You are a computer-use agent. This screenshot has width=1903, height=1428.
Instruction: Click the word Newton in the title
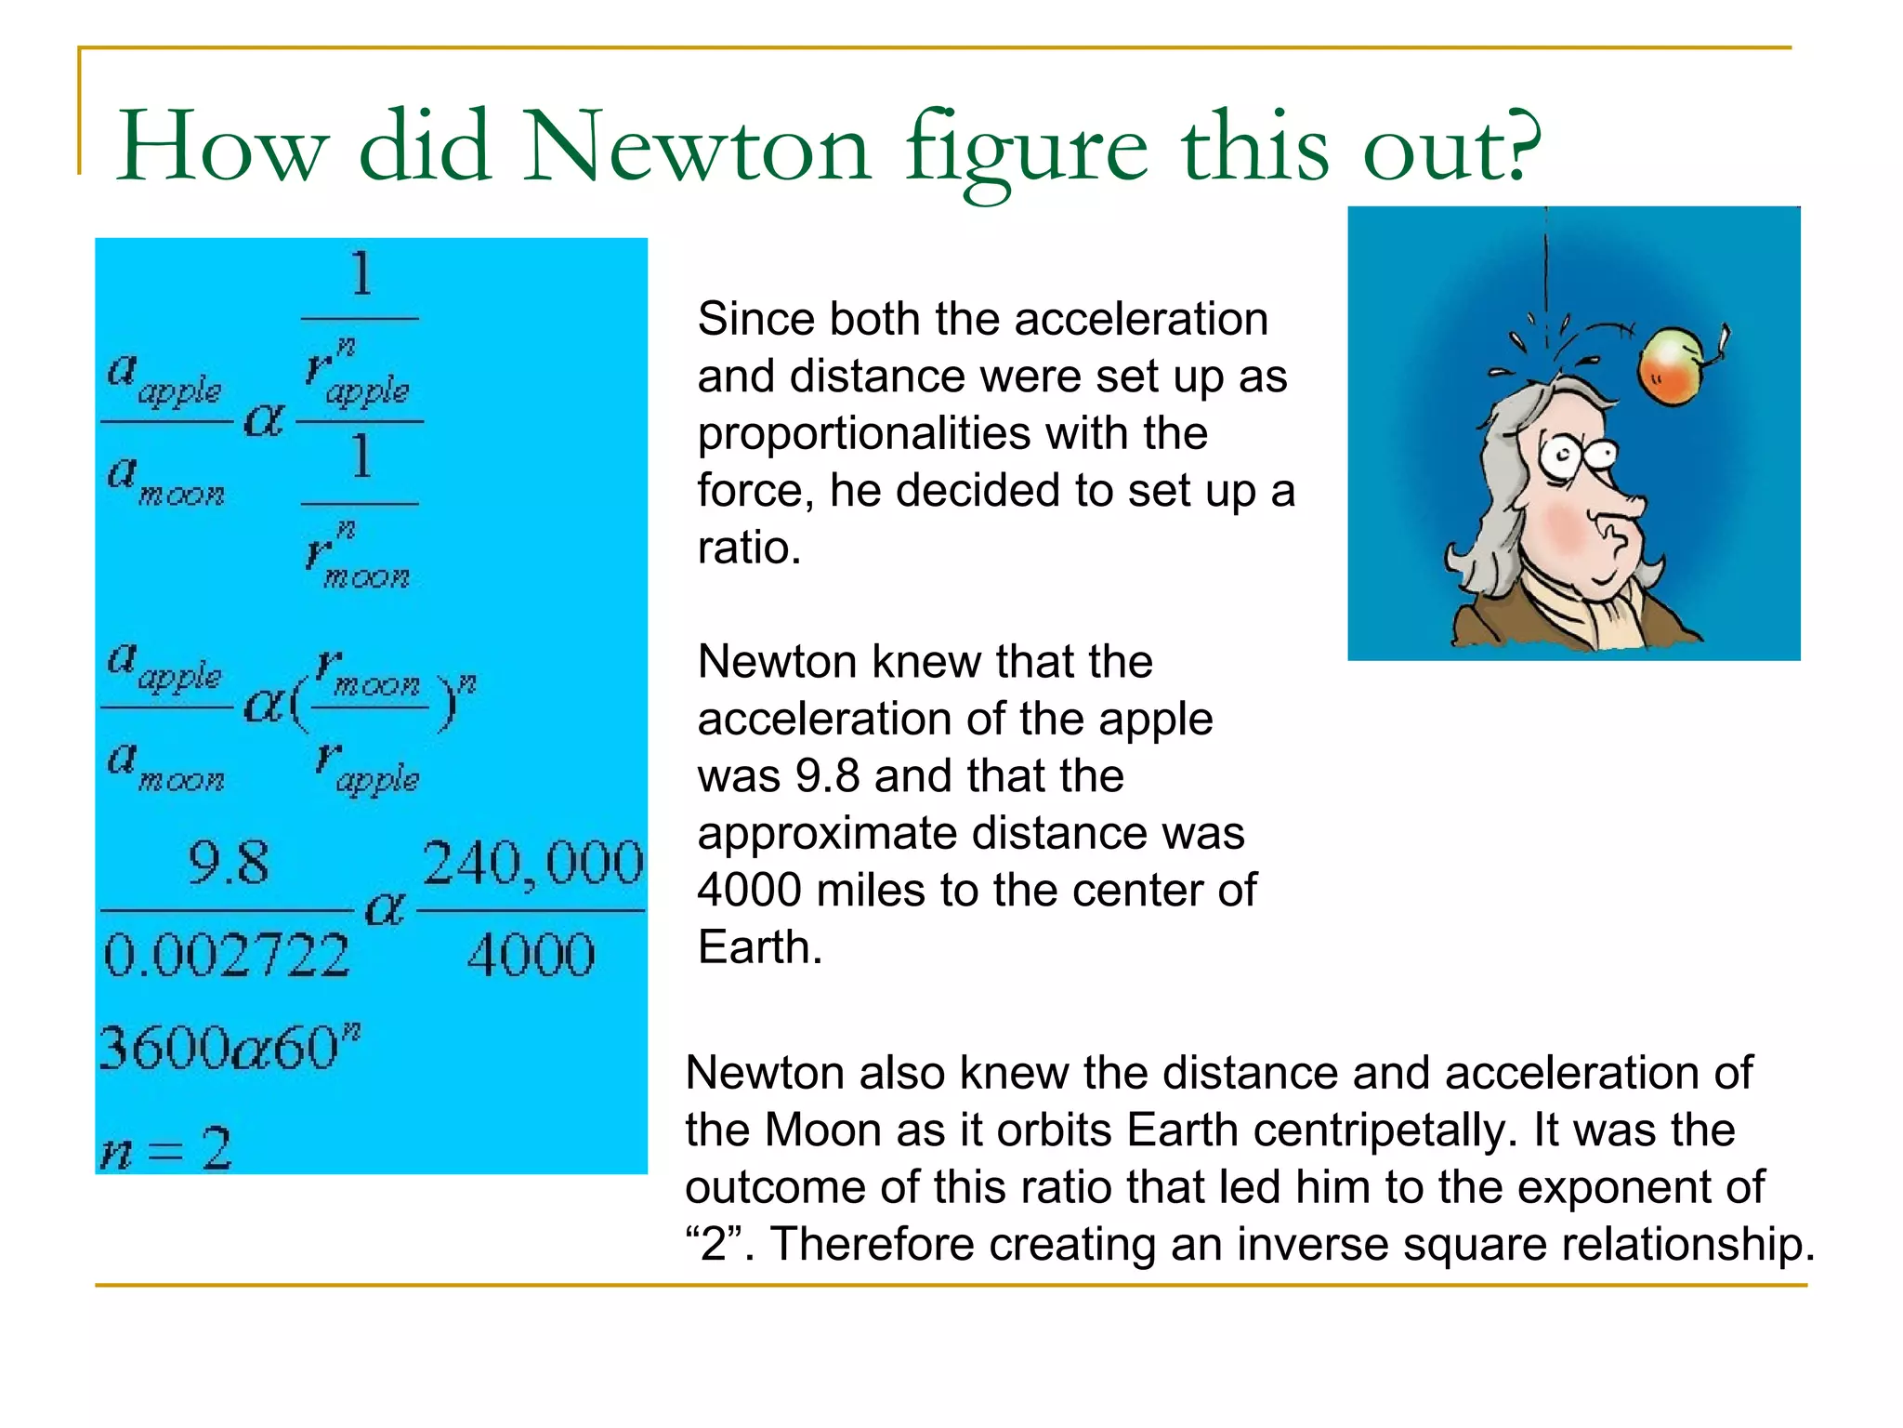(x=697, y=147)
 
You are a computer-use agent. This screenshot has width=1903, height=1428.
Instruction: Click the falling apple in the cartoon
(x=1673, y=367)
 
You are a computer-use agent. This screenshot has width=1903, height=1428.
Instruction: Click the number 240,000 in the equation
(x=532, y=863)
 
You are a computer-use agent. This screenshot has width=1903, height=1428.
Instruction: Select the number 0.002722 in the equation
(x=226, y=955)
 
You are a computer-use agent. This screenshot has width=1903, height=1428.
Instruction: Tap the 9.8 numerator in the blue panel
(x=228, y=863)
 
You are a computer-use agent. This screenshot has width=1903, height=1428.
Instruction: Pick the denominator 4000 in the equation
(x=531, y=955)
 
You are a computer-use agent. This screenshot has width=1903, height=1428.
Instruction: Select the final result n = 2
(x=165, y=1150)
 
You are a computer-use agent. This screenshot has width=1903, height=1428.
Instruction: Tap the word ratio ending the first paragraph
(x=748, y=548)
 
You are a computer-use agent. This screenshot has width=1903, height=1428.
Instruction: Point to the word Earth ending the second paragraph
(x=758, y=948)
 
